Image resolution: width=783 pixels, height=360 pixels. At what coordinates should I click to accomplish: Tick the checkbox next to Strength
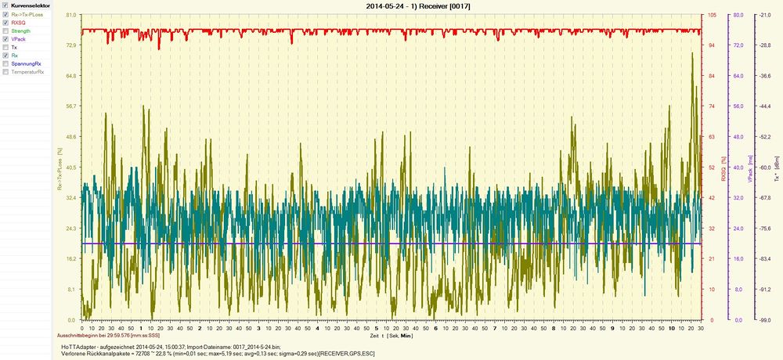pos(6,31)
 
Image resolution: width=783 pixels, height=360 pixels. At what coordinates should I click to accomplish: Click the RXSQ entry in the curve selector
pos(18,22)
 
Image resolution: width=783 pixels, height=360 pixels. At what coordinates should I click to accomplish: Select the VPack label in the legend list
pos(19,39)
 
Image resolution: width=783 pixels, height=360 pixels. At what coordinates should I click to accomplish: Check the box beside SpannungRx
pos(6,64)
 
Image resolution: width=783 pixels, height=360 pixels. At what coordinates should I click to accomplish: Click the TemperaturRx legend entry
pos(27,73)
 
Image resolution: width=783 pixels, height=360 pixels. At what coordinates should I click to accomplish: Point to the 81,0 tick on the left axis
pos(70,15)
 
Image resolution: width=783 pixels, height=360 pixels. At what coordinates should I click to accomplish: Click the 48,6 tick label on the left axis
pos(70,137)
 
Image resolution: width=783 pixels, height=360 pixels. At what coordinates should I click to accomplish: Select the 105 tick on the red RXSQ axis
pos(712,15)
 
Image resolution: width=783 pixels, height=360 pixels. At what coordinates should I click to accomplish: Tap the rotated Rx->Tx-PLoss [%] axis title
pos(60,167)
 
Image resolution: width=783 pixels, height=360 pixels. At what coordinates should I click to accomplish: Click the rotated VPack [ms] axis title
pos(749,167)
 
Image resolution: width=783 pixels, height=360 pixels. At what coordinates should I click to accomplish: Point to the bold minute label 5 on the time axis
pos(377,328)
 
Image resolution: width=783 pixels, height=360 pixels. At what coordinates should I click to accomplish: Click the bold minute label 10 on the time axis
pos(672,328)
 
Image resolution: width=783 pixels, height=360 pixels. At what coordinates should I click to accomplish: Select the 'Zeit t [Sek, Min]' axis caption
pos(391,335)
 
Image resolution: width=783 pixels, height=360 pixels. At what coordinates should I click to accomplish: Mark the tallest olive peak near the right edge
pos(692,53)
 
